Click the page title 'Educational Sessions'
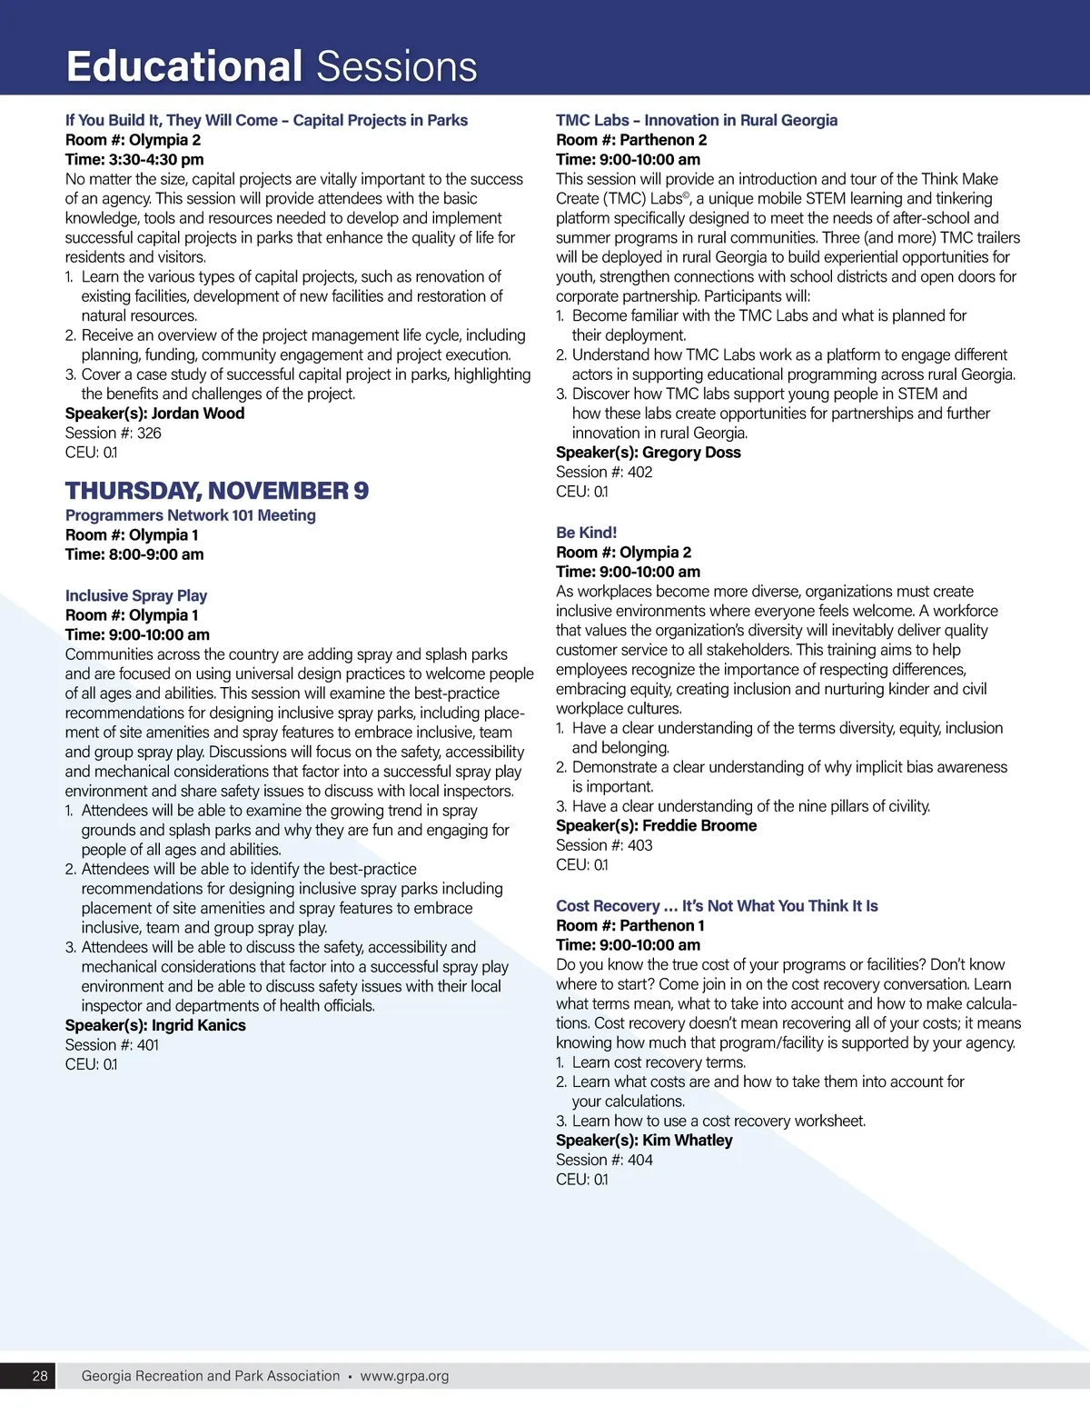[x=272, y=66]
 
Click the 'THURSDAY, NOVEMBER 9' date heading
[x=217, y=491]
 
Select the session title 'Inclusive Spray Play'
[x=136, y=595]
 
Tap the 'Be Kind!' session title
[x=586, y=533]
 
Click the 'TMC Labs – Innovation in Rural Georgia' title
[x=697, y=120]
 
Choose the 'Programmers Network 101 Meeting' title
[x=191, y=515]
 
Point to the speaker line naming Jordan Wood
[x=154, y=414]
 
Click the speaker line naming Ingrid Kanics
[x=155, y=1025]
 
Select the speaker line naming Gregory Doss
[x=649, y=453]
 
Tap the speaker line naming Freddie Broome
[x=656, y=825]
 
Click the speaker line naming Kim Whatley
[x=644, y=1140]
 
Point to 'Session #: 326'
[x=113, y=434]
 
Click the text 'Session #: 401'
[x=112, y=1045]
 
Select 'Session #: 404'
[x=604, y=1160]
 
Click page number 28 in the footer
[x=40, y=1376]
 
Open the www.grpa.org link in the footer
[x=404, y=1376]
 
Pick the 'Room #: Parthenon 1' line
[x=630, y=925]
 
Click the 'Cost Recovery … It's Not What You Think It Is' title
[x=717, y=906]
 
